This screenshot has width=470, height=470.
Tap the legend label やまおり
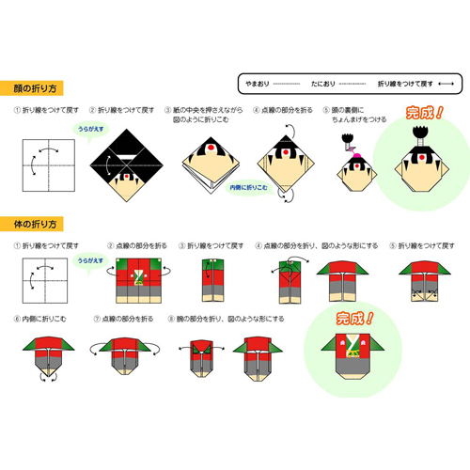click(255, 82)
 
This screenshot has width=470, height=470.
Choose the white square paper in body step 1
click(42, 278)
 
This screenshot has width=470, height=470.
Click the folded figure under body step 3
click(209, 279)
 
